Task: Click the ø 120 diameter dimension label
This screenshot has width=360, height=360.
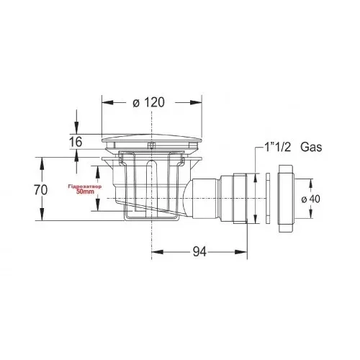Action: tap(148, 102)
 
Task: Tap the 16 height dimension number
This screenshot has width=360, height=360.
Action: tap(76, 141)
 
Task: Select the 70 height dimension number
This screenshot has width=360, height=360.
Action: tap(41, 190)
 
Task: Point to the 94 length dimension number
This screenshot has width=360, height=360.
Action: tap(199, 252)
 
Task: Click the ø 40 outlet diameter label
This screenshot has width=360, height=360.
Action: tap(311, 199)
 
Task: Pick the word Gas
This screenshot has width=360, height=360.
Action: tap(311, 147)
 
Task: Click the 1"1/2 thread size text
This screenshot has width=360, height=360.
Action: tap(277, 147)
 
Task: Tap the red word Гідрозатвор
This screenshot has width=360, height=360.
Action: tap(85, 186)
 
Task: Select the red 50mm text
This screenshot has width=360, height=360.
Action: tap(85, 192)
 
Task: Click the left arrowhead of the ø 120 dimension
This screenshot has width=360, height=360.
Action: tap(107, 102)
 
